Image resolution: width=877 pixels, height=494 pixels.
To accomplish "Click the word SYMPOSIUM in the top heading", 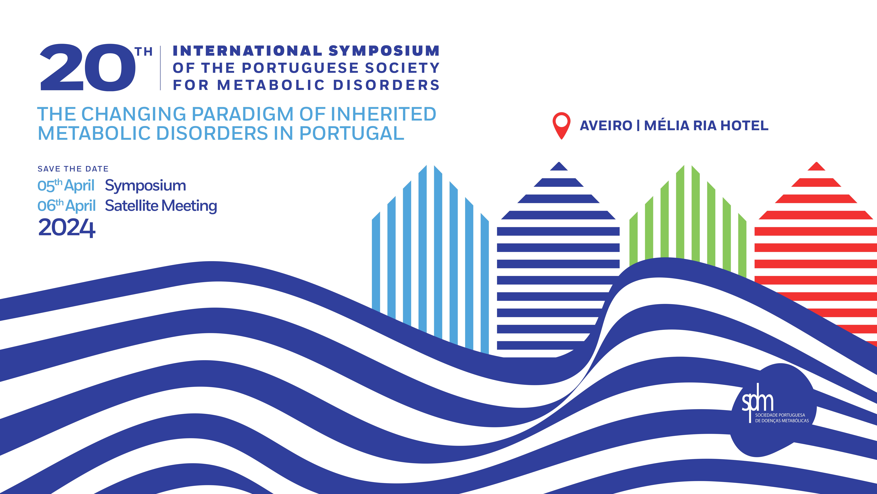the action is [x=384, y=51].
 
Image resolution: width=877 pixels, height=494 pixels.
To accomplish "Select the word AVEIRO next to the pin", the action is [x=606, y=126].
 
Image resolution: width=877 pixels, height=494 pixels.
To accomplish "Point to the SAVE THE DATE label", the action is [x=73, y=169].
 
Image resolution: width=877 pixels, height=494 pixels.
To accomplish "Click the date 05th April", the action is [x=66, y=185].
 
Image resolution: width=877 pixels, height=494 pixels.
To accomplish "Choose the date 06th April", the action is [x=66, y=206].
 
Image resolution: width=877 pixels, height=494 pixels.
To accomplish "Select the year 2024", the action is [x=67, y=228].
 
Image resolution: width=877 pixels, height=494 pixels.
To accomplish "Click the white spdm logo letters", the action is [x=758, y=402].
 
